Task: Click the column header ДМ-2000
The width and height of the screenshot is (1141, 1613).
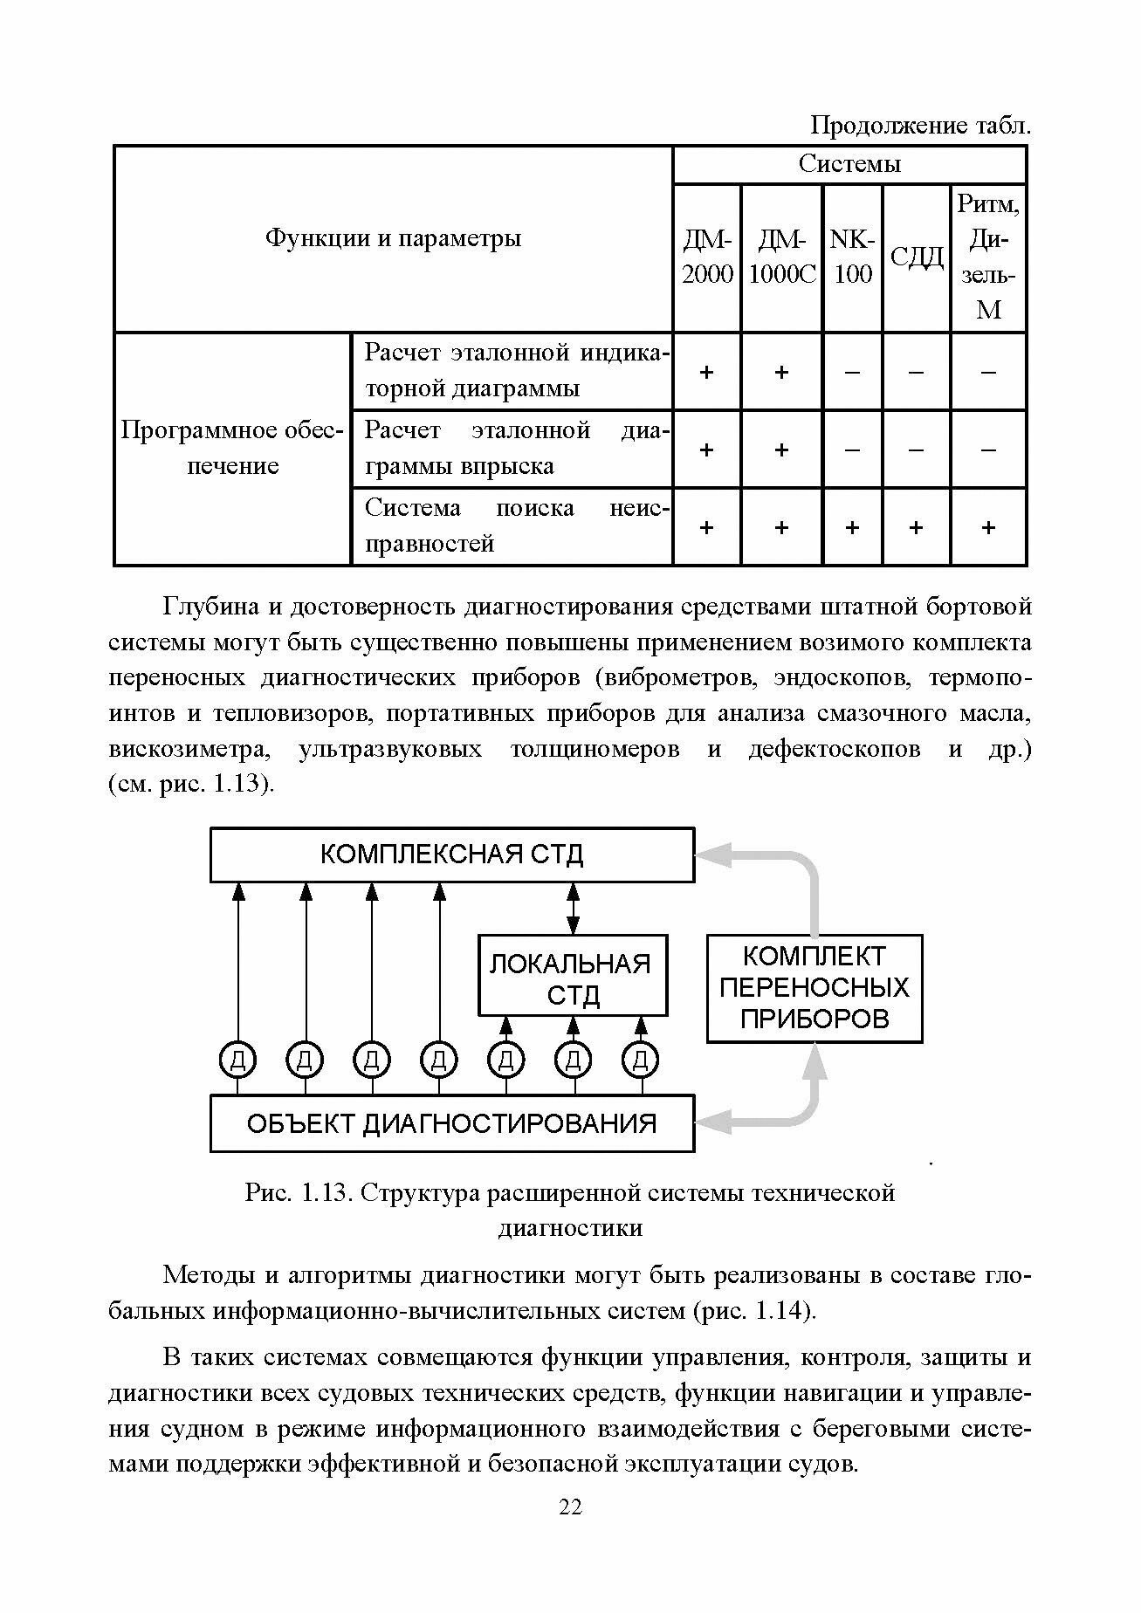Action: [x=706, y=257]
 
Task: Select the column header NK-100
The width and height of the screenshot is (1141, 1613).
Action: [x=852, y=257]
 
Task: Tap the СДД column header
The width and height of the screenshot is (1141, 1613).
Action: [x=916, y=257]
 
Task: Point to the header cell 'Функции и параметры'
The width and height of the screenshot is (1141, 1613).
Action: [x=393, y=238]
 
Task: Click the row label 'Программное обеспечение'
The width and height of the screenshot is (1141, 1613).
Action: [x=232, y=448]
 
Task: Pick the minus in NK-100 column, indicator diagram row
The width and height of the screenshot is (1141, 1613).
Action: [x=852, y=372]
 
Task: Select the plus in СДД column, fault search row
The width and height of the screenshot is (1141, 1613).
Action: [x=916, y=527]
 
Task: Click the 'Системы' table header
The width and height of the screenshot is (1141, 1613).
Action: [x=849, y=164]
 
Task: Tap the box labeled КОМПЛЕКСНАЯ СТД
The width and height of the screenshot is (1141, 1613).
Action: [x=451, y=854]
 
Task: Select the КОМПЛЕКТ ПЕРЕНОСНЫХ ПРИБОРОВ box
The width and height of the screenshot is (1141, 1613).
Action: [x=814, y=988]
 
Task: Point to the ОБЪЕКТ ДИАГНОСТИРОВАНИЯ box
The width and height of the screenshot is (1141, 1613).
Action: [x=451, y=1122]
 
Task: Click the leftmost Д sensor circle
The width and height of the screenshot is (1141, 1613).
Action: [x=237, y=1060]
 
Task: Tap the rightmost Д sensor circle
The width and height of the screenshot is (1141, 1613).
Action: [x=640, y=1060]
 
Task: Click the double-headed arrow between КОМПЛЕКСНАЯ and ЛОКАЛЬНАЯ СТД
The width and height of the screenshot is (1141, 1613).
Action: [x=573, y=908]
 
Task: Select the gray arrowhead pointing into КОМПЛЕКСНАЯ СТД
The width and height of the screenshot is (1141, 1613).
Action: [x=711, y=855]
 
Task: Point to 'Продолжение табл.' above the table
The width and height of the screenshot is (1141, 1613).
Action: [x=920, y=127]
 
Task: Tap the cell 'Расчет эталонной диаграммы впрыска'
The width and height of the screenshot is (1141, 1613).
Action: [x=512, y=448]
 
